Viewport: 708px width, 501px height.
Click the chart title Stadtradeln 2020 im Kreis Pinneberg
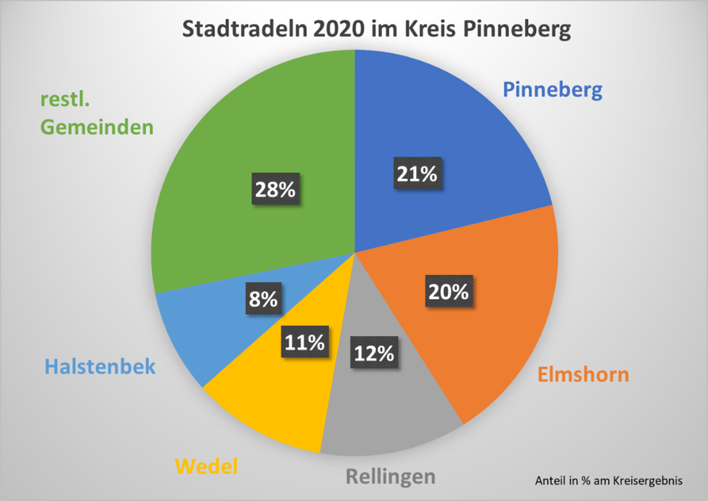(x=376, y=30)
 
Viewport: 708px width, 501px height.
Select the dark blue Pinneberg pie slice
(x=464, y=133)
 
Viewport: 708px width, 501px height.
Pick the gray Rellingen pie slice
(x=391, y=411)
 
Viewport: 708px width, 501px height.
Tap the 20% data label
(x=449, y=292)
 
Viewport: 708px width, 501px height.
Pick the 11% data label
(x=305, y=342)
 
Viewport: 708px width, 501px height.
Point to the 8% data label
(x=263, y=300)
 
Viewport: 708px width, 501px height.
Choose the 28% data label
(x=275, y=190)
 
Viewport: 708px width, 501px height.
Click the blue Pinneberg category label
(x=552, y=89)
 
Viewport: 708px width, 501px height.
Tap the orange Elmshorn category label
(x=582, y=375)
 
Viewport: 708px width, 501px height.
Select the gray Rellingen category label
(x=390, y=476)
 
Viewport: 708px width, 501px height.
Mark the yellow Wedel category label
(x=206, y=467)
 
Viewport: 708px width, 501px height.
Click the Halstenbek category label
(x=100, y=366)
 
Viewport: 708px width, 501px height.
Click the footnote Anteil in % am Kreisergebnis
(x=608, y=480)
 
